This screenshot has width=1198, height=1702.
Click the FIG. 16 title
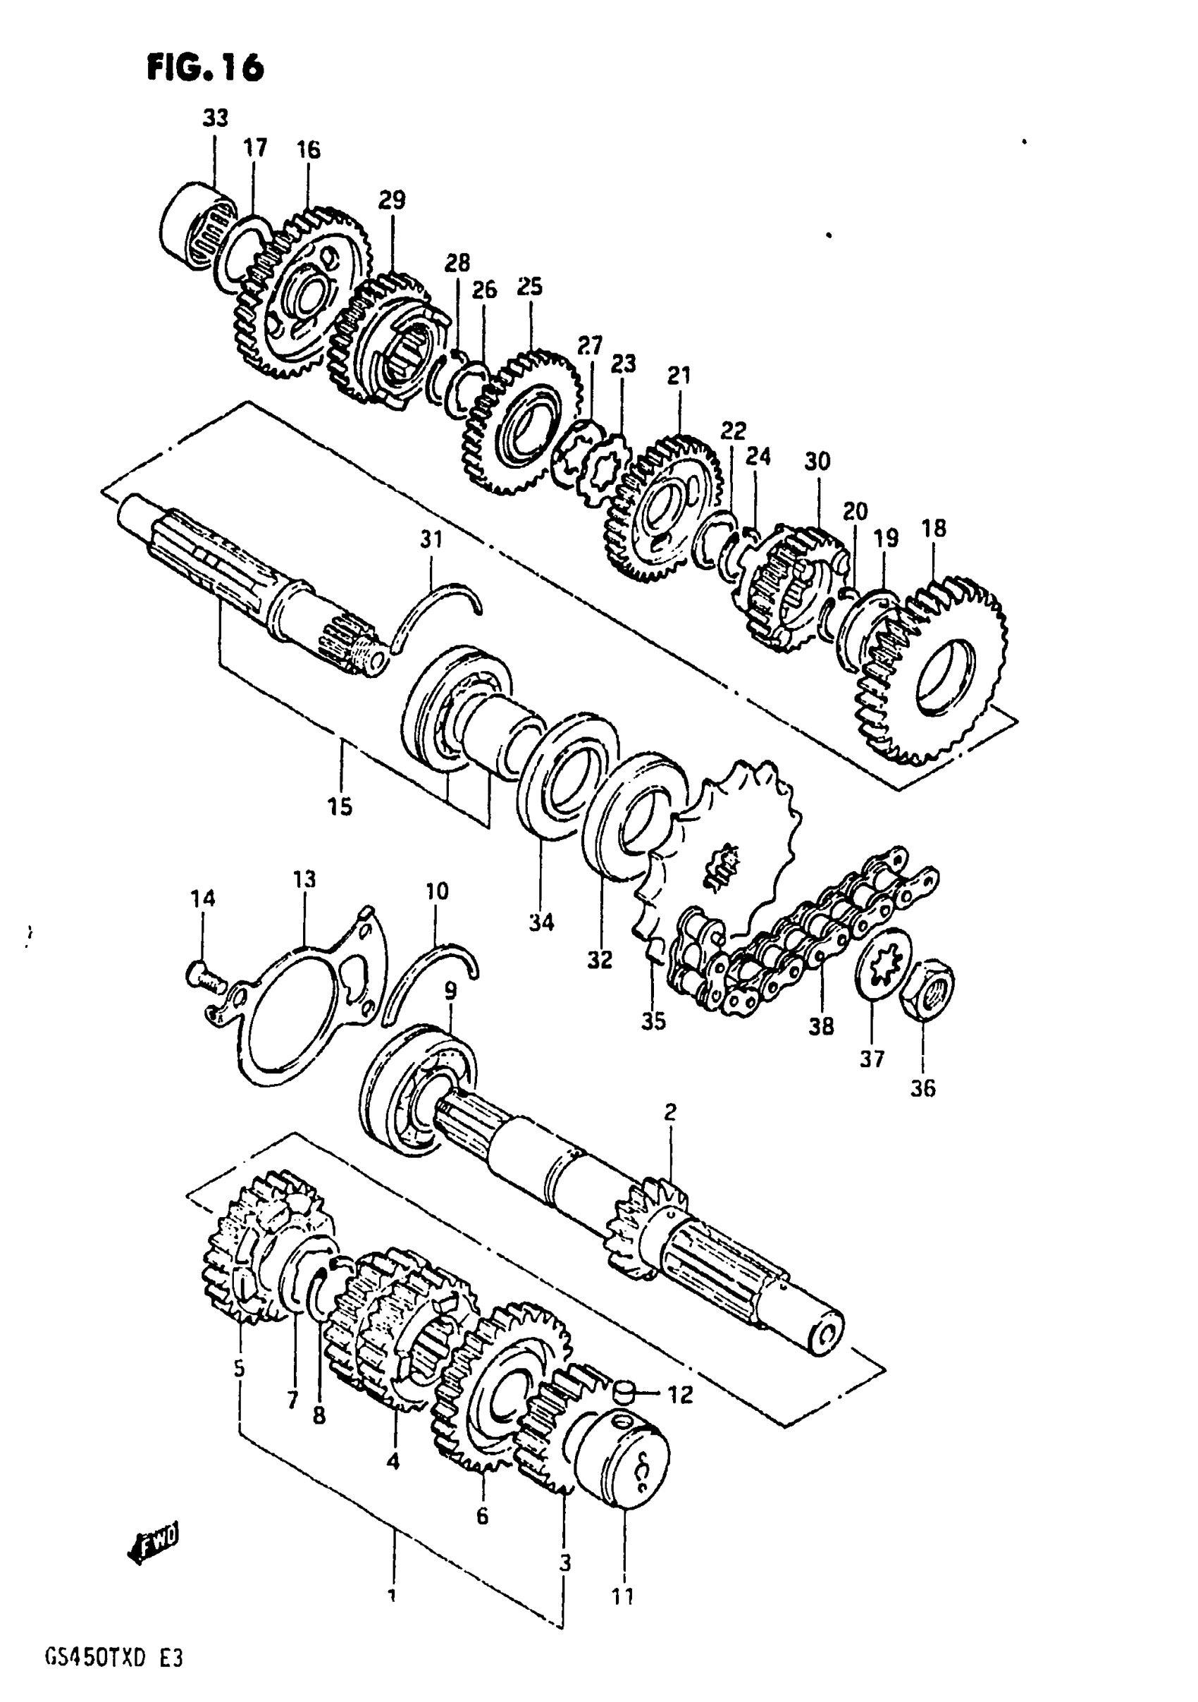tap(205, 68)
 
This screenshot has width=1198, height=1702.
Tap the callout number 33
tap(216, 118)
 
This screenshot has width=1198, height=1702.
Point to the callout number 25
tap(530, 286)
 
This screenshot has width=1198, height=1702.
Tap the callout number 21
tap(679, 376)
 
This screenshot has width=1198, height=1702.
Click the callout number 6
tap(483, 1517)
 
